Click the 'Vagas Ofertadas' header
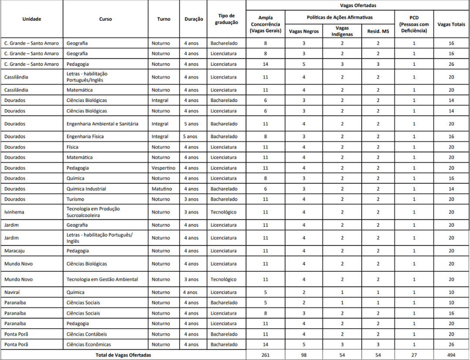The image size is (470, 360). pyautogui.click(x=358, y=5)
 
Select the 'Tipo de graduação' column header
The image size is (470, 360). pyautogui.click(x=226, y=19)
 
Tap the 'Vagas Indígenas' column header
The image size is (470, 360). pyautogui.click(x=342, y=31)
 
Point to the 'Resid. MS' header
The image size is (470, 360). pyautogui.click(x=378, y=31)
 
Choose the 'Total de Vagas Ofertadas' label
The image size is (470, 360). pyautogui.click(x=123, y=355)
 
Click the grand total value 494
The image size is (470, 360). pyautogui.click(x=451, y=355)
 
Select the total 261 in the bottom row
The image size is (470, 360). pyautogui.click(x=265, y=355)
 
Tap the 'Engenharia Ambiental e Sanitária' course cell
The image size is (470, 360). pyautogui.click(x=102, y=124)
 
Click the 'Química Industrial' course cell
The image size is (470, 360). pyautogui.click(x=86, y=189)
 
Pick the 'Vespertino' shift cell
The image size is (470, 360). pyautogui.click(x=163, y=168)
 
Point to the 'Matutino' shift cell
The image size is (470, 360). pyautogui.click(x=161, y=189)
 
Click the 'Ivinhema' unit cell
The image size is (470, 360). pyautogui.click(x=14, y=212)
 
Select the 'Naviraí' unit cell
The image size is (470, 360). pyautogui.click(x=13, y=292)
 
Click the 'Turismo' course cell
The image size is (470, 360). pyautogui.click(x=75, y=199)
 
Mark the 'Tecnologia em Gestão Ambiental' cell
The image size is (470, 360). pyautogui.click(x=102, y=279)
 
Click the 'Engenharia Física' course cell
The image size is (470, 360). pyautogui.click(x=85, y=137)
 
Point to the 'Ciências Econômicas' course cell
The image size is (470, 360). pyautogui.click(x=89, y=344)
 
